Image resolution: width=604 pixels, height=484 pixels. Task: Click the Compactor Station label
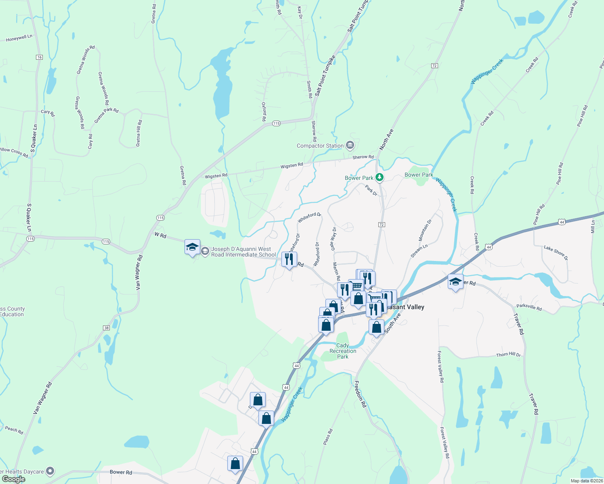click(320, 146)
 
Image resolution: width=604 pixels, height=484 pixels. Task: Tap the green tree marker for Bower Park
click(379, 177)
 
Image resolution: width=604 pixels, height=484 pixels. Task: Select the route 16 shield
click(39, 57)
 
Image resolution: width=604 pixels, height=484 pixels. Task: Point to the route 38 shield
click(107, 328)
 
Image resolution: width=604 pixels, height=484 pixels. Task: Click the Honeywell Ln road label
click(19, 38)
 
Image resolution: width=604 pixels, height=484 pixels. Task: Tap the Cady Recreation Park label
click(343, 351)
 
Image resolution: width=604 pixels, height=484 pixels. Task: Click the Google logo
click(13, 479)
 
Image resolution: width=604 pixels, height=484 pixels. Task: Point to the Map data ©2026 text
click(587, 481)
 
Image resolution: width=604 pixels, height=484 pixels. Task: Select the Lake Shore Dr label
click(556, 253)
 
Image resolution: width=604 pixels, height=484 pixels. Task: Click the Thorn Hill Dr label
click(508, 355)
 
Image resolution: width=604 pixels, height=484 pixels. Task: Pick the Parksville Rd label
click(529, 307)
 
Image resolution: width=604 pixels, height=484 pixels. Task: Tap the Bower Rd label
click(121, 472)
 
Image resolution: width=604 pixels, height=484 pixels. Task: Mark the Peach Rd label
click(14, 430)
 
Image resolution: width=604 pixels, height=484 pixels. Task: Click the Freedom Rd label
click(360, 394)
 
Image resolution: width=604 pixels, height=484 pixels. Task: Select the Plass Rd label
click(328, 437)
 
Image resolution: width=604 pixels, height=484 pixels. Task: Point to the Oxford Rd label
click(264, 112)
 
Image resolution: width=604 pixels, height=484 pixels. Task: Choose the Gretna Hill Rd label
click(139, 133)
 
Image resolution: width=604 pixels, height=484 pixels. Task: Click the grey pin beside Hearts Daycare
click(50, 471)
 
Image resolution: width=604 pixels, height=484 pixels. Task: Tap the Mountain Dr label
click(425, 230)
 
